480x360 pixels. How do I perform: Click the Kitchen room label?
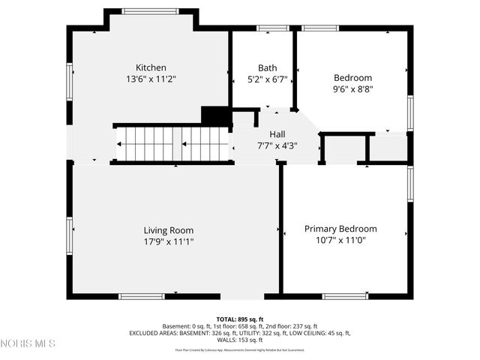click(151, 67)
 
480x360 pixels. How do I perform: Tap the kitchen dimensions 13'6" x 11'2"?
click(151, 79)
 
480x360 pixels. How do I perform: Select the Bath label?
click(267, 67)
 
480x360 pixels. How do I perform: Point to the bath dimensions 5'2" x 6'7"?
click(267, 79)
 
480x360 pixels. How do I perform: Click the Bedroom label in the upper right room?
click(352, 78)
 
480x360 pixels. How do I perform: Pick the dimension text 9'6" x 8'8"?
click(352, 89)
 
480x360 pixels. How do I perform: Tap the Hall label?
click(277, 135)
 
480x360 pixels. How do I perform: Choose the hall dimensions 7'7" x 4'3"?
click(277, 146)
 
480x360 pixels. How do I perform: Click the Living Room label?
click(169, 230)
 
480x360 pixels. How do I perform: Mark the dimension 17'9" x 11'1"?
click(169, 241)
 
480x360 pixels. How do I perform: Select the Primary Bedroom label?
click(340, 229)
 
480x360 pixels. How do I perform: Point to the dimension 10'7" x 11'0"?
click(340, 241)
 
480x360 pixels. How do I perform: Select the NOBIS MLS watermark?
click(28, 343)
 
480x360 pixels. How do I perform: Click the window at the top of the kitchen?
click(149, 11)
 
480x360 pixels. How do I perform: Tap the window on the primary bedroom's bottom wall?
click(345, 295)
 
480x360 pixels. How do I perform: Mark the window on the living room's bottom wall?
click(142, 295)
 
